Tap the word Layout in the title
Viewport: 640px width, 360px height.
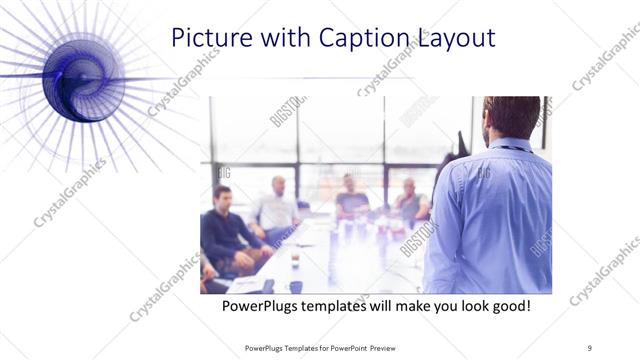point(458,38)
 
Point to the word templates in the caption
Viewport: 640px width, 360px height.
point(343,305)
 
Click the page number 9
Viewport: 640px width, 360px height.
point(590,347)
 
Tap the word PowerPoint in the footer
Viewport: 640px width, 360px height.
point(345,347)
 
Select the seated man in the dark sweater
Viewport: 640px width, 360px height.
point(226,235)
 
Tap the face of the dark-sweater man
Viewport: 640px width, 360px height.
point(222,196)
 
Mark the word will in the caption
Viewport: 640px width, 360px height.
point(394,305)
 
